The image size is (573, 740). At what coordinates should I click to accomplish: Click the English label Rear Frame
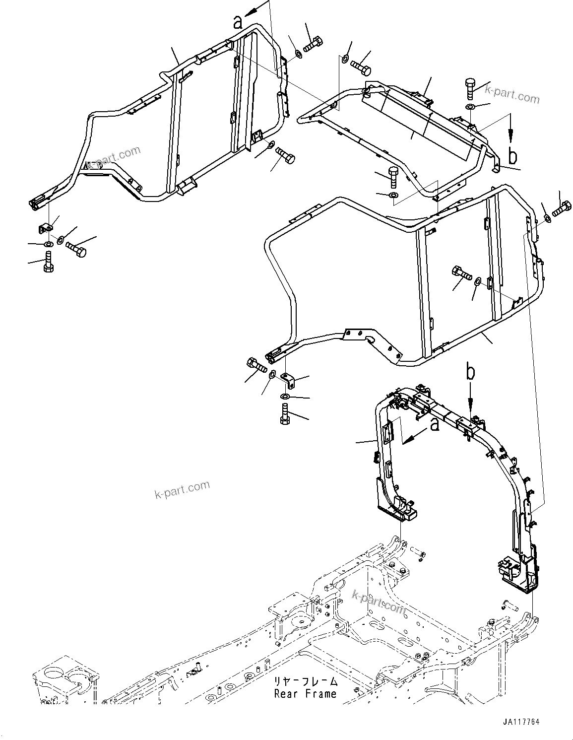click(305, 694)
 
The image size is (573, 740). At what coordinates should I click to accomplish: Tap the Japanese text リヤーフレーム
click(305, 682)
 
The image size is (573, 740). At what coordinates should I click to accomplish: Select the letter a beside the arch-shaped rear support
click(434, 425)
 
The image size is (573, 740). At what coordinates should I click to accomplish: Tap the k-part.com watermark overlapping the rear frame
click(378, 601)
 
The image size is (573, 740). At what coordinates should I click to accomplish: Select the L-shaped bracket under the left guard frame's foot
click(46, 228)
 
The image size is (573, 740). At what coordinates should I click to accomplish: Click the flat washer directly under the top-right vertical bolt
click(470, 107)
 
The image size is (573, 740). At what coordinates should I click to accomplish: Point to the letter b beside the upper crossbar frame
click(512, 155)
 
